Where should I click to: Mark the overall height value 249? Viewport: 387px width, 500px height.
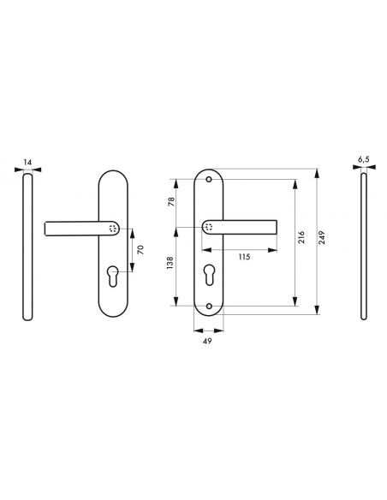(322, 239)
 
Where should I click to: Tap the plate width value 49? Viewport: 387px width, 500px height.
(208, 340)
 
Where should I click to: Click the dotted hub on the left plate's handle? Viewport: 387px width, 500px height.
(114, 228)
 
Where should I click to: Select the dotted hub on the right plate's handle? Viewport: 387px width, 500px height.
(210, 227)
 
